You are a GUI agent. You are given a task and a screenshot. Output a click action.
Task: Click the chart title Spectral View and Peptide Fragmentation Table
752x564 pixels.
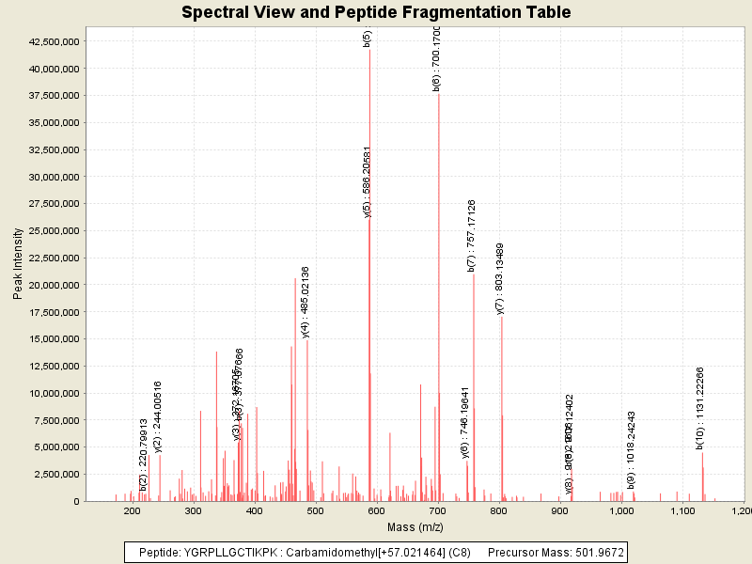(x=376, y=12)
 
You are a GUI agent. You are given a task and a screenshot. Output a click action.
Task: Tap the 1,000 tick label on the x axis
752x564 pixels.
(x=621, y=511)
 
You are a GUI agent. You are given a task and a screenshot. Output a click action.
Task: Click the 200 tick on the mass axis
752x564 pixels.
(x=133, y=511)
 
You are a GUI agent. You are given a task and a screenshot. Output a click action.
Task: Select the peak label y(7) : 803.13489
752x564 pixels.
(x=501, y=278)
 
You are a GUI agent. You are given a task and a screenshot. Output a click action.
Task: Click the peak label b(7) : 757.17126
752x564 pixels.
(x=472, y=236)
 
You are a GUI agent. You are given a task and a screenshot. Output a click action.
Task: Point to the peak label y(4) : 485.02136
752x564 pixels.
(x=305, y=302)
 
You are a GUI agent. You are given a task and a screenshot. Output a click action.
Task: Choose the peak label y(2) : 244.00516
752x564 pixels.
(x=158, y=416)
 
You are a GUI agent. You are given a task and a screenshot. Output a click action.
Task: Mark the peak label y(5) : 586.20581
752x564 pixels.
(x=368, y=182)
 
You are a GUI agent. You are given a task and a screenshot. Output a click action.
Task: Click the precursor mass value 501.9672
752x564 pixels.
(x=599, y=552)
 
